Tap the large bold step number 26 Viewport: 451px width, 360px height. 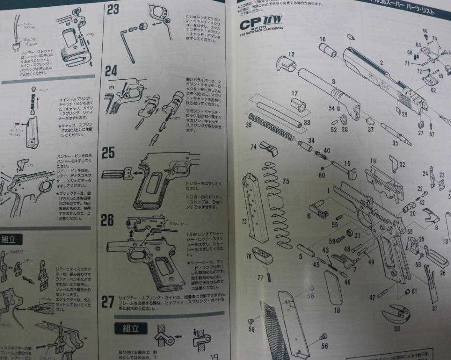108,220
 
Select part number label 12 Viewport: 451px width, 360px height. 291,54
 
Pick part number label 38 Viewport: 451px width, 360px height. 396,328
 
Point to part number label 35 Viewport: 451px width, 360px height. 395,143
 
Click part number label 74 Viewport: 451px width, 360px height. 253,147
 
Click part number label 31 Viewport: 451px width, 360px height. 435,308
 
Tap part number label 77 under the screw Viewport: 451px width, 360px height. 261,277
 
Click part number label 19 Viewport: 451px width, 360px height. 373,161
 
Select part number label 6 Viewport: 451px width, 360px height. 309,216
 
